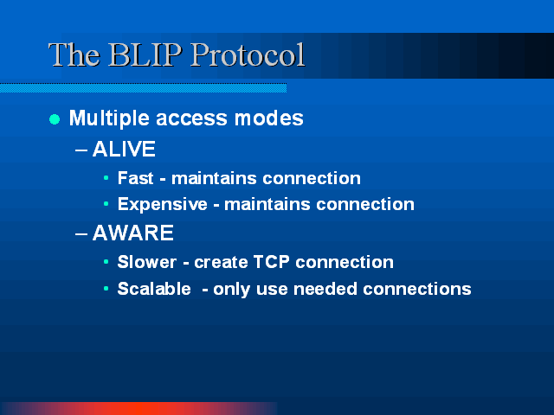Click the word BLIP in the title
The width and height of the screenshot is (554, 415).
pos(145,54)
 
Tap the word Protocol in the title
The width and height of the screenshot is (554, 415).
pos(248,54)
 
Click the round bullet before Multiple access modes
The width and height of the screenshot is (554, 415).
pos(55,119)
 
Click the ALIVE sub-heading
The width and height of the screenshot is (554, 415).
pos(124,149)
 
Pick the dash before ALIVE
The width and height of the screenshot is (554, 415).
pos(81,150)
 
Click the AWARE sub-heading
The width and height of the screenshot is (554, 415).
pos(132,233)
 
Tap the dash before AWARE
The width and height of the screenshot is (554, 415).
pos(81,234)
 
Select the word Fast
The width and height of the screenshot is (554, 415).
pos(135,178)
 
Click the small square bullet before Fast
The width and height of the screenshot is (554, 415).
pos(106,177)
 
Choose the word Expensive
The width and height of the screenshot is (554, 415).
pos(163,204)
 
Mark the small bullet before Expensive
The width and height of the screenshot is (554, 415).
pos(106,204)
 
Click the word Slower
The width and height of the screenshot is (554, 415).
pos(146,262)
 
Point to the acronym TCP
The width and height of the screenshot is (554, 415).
pos(271,262)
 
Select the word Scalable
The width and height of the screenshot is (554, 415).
pos(154,289)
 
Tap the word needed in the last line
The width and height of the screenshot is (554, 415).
pos(325,289)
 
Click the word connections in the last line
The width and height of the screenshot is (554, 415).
pos(417,289)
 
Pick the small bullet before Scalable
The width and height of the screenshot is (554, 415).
pos(106,288)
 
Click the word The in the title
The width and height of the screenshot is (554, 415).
pos(74,54)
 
